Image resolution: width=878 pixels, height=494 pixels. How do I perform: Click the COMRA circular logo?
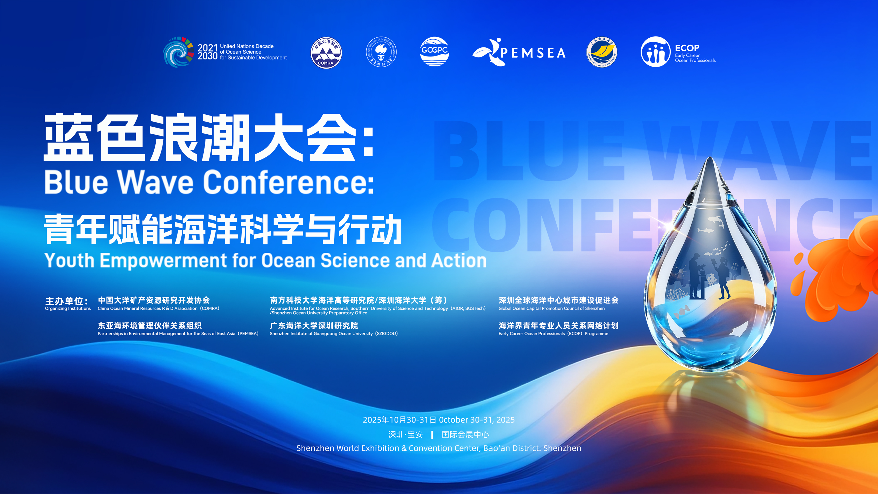tap(326, 52)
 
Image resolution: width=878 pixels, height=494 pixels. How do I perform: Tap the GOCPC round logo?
tap(434, 52)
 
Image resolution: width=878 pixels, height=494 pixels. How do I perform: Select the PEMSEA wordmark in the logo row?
tap(533, 53)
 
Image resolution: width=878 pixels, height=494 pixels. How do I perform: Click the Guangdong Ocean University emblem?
tap(602, 52)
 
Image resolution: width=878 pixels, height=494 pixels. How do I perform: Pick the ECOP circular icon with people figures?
tap(655, 52)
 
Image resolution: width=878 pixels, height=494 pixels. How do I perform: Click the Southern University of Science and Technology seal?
tap(381, 52)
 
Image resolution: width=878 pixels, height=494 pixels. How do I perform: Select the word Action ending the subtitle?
tap(459, 261)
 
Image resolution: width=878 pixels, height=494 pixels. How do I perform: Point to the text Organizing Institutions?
tap(68, 308)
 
